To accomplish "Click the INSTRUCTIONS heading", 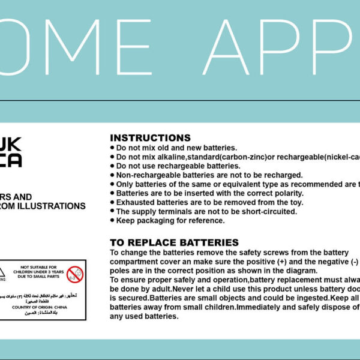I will [x=150, y=138].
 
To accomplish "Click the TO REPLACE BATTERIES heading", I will [x=174, y=242].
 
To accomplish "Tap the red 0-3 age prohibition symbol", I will [x=75, y=274].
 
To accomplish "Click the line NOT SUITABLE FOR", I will [x=40, y=266].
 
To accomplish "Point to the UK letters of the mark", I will [x=11, y=145].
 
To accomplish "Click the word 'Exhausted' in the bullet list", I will [x=136, y=202].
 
